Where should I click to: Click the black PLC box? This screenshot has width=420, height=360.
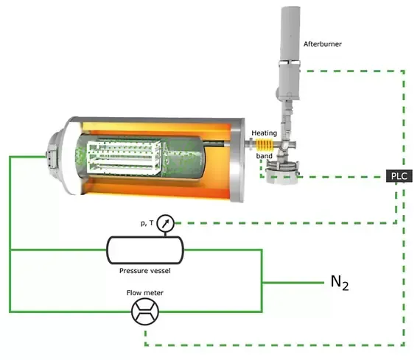[399, 176]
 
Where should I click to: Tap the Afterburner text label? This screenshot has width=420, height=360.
[323, 44]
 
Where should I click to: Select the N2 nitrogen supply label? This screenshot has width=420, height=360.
[340, 283]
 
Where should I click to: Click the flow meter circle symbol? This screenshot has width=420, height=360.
[145, 311]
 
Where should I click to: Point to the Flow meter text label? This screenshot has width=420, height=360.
[145, 293]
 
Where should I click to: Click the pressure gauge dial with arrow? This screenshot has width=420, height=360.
[166, 223]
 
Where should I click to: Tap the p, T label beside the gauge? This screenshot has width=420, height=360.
[147, 223]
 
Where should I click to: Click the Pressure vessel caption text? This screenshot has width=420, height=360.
[145, 271]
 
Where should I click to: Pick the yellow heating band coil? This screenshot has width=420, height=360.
[265, 145]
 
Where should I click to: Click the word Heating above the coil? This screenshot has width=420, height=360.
[264, 133]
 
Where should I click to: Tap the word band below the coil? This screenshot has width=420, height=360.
[264, 156]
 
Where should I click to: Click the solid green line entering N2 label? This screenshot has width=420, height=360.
[293, 283]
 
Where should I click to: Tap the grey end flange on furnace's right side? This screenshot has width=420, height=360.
[237, 160]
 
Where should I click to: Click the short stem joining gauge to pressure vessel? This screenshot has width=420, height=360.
[165, 234]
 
